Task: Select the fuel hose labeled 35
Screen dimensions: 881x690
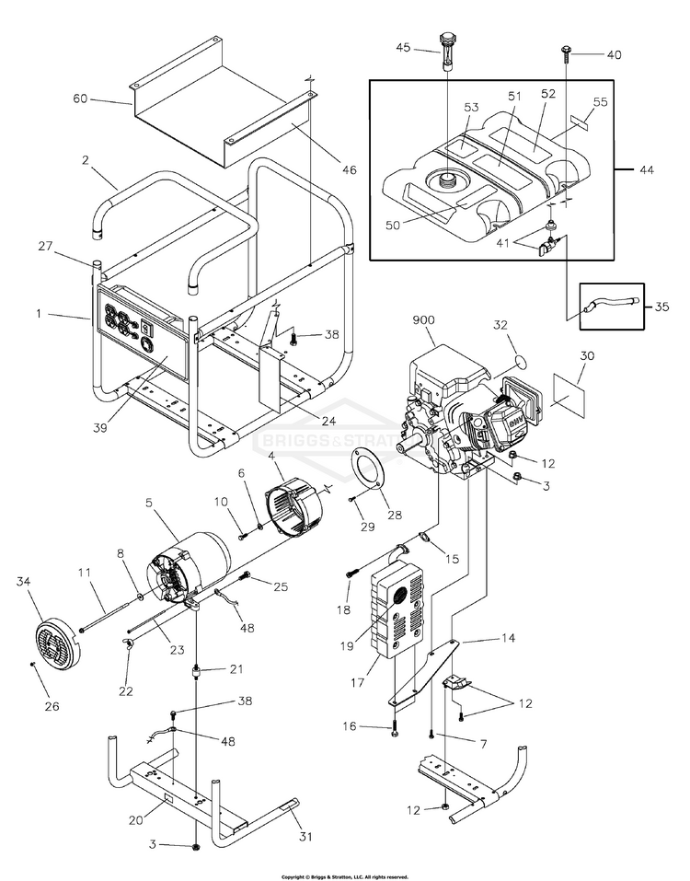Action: [606, 305]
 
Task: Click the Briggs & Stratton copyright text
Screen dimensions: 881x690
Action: [344, 876]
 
